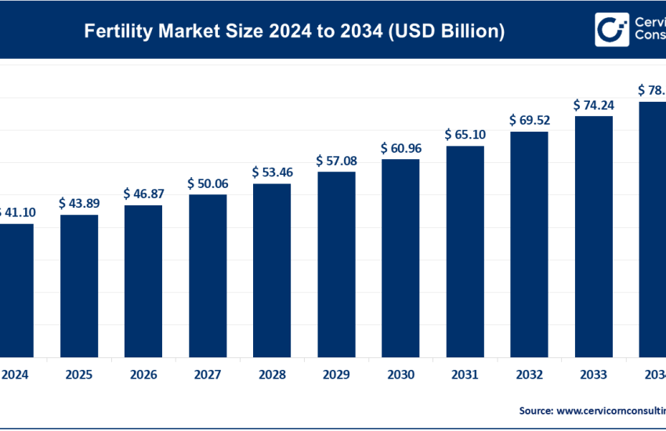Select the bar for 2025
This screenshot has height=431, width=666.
click(79, 285)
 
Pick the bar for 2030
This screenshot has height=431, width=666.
click(400, 258)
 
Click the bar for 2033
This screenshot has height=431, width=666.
click(593, 236)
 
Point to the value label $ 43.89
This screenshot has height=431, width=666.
click(79, 203)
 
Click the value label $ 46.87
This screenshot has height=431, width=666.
click(143, 193)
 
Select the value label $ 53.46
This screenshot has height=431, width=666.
click(272, 172)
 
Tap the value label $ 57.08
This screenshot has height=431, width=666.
click(336, 160)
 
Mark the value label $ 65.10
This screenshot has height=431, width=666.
click(465, 134)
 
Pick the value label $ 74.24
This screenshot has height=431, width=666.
click(593, 104)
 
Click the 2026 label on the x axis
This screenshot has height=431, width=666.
click(143, 374)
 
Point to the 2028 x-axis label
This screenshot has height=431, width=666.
click(272, 374)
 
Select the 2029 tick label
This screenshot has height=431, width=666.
click(336, 374)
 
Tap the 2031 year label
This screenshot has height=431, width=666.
click(465, 374)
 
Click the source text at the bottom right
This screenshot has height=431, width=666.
click(592, 410)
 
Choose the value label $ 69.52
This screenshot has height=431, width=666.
click(529, 120)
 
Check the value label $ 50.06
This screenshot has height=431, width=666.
click(208, 183)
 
